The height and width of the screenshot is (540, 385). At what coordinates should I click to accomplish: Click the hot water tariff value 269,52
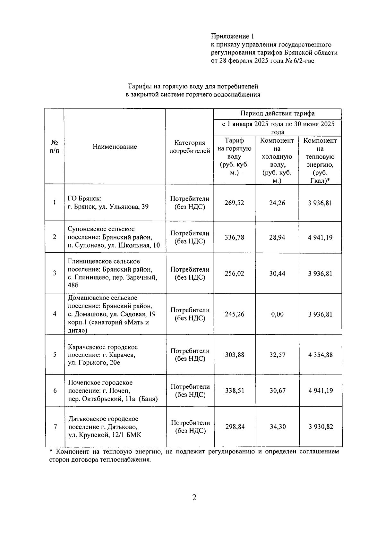coord(234,203)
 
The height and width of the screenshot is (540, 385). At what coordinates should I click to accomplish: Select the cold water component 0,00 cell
coord(277,314)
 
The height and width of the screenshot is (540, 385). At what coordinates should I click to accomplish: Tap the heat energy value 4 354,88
coord(321,355)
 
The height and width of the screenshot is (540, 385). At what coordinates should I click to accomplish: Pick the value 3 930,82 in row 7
coord(321,427)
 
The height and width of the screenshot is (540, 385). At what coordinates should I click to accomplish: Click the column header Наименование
coord(115,147)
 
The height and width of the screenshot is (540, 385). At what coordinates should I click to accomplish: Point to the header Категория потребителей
coord(190,147)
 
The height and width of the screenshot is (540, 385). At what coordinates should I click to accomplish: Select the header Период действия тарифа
coord(277,114)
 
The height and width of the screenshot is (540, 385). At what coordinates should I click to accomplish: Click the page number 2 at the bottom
coord(194,497)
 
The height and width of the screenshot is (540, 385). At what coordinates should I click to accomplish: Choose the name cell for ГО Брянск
coord(108,203)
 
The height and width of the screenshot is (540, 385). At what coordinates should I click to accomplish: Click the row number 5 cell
coord(55,355)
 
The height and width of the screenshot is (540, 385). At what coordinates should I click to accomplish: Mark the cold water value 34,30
coord(278,427)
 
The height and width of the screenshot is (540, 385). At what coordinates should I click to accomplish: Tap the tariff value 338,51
coord(235,391)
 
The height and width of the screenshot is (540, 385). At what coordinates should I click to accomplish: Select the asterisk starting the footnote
coord(51,452)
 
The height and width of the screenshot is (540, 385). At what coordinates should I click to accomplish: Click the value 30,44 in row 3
coord(277,274)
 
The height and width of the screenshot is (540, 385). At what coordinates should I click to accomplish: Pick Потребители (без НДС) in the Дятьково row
coord(190,427)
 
